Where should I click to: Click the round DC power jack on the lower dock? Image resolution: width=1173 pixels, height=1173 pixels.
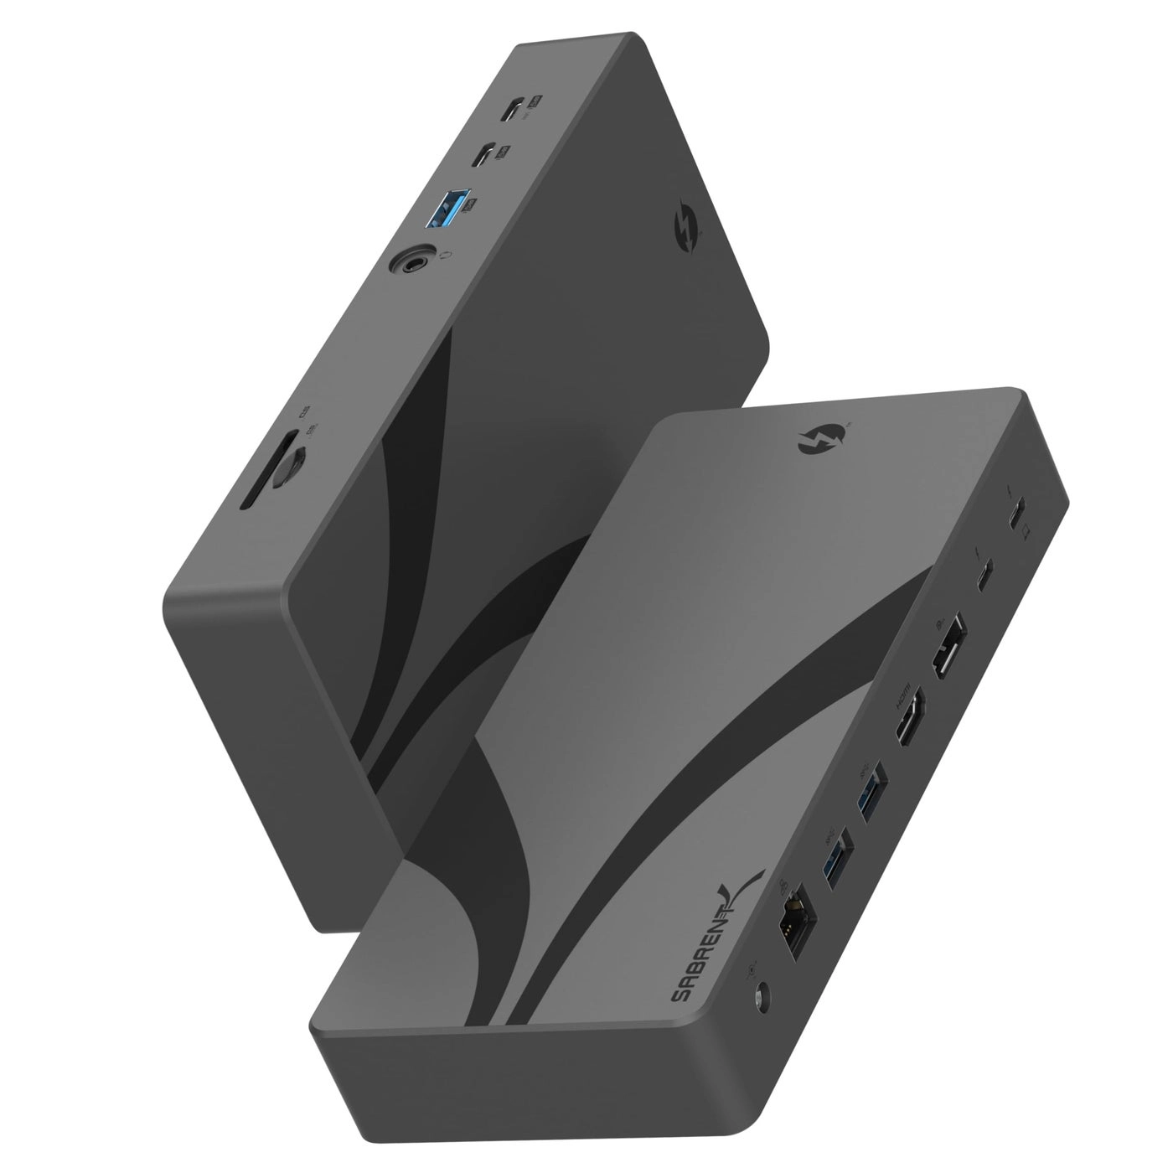(x=762, y=997)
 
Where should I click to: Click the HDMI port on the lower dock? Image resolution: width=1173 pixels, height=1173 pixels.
(x=907, y=726)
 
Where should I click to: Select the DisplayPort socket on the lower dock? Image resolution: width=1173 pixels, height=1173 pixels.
(x=943, y=654)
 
